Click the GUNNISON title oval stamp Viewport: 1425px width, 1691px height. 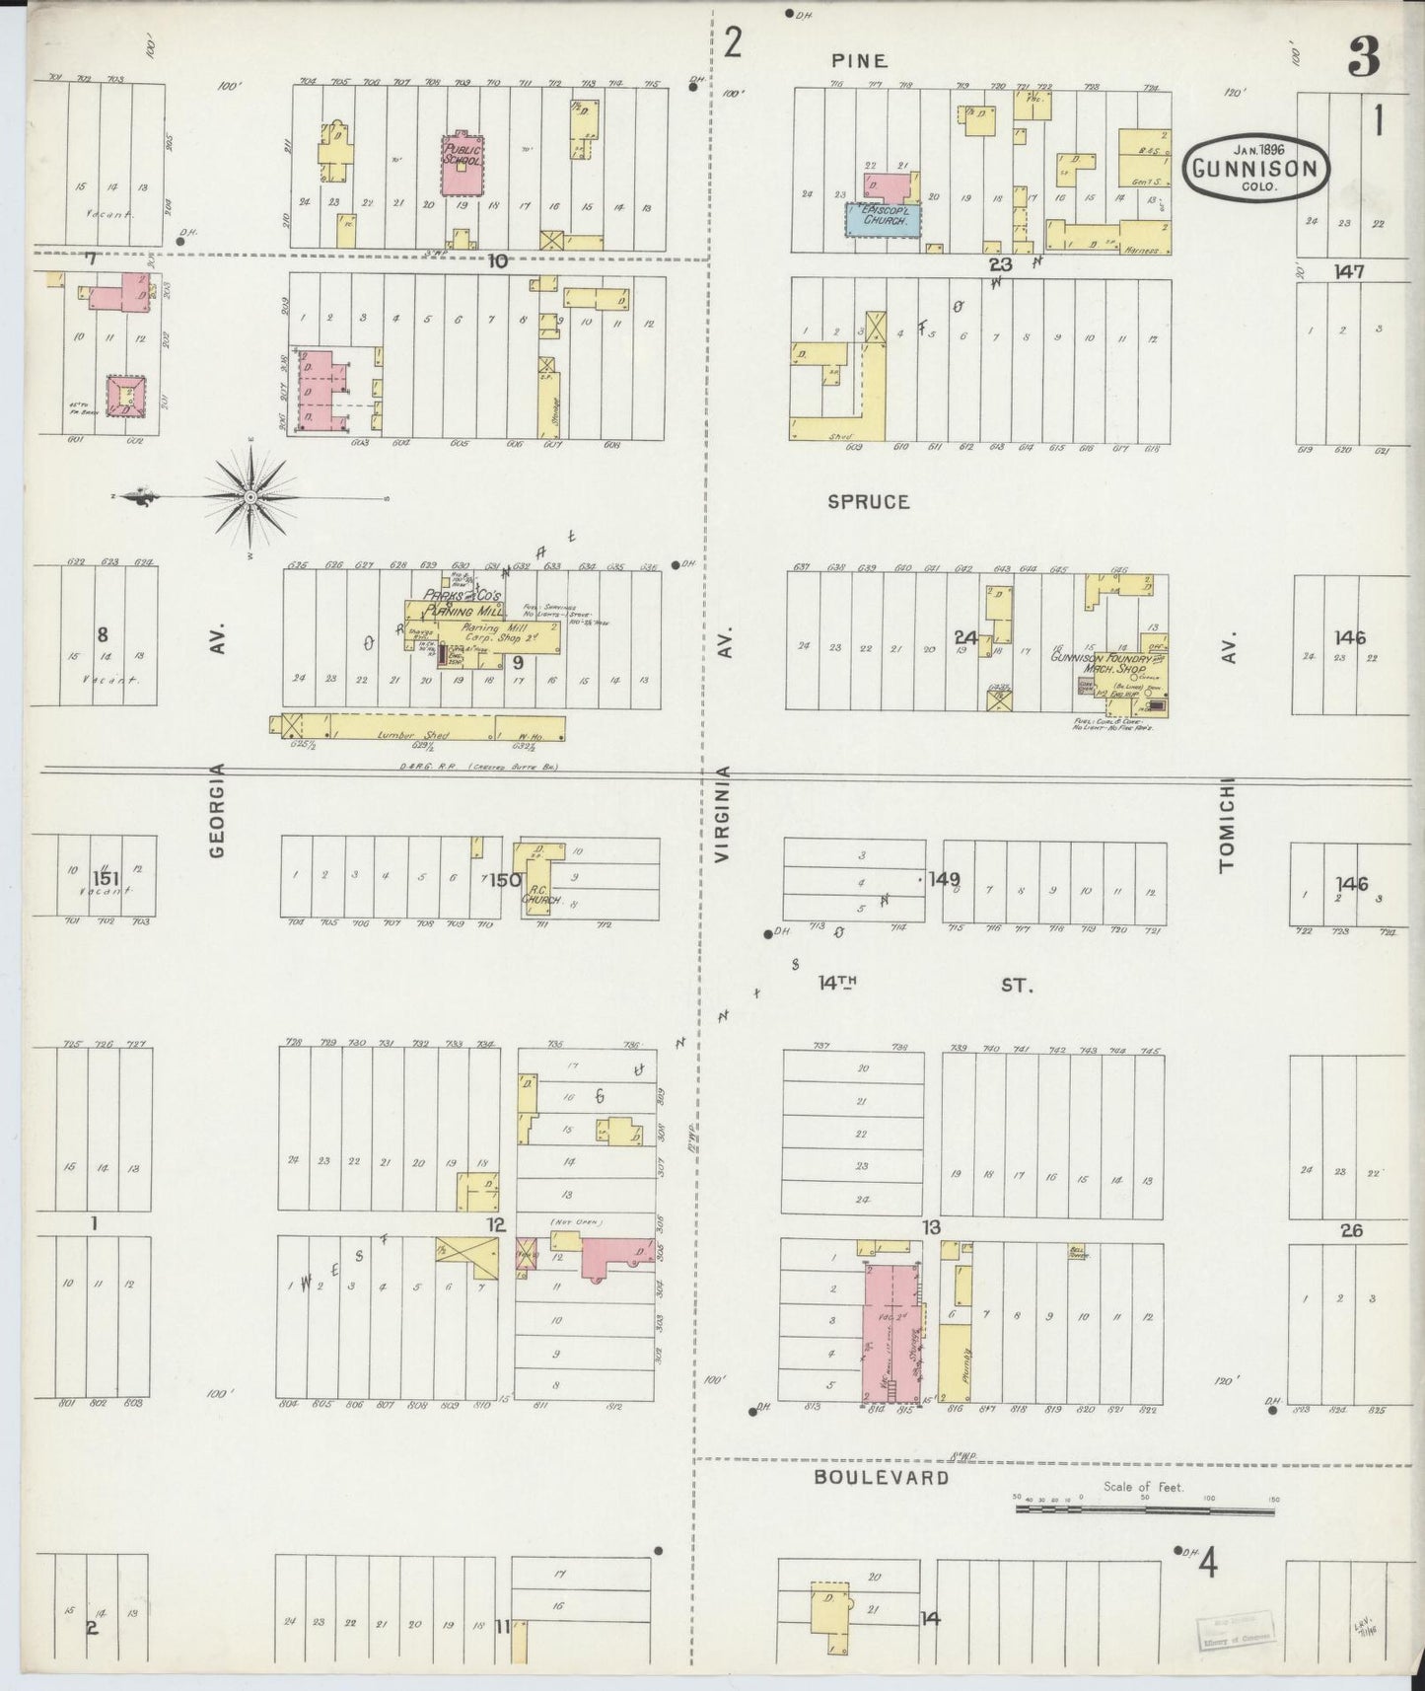[1255, 167]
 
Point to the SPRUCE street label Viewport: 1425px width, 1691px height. [868, 502]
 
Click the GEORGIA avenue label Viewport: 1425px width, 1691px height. [218, 809]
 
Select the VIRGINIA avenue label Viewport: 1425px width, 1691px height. [722, 815]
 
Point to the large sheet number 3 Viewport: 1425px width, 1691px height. [1364, 59]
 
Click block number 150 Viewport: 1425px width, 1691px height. [506, 879]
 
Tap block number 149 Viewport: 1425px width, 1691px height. [944, 878]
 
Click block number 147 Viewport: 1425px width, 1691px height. [1348, 271]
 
